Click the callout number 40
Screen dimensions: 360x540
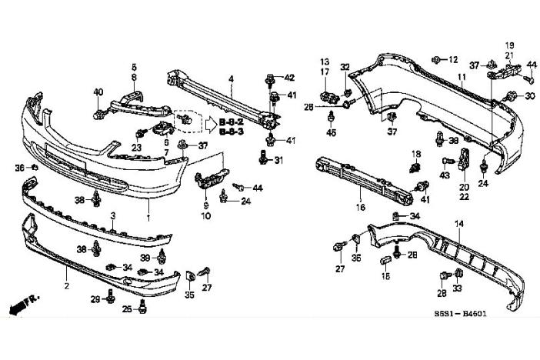coord(98,92)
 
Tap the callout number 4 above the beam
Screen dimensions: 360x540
coord(231,78)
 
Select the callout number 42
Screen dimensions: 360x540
coord(289,78)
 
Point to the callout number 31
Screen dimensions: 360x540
coord(278,160)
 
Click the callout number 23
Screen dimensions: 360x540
coord(136,147)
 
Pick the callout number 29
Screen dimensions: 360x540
coord(96,298)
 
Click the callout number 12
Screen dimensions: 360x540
coord(453,59)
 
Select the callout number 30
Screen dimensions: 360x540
coord(530,96)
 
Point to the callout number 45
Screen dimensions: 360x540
coord(332,132)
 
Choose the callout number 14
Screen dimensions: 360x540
coord(460,223)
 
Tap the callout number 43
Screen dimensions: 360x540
coord(445,175)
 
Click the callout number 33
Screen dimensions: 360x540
coord(458,289)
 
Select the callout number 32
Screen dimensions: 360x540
coord(345,67)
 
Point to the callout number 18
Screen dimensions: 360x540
coord(416,154)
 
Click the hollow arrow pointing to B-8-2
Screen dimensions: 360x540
coord(209,122)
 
